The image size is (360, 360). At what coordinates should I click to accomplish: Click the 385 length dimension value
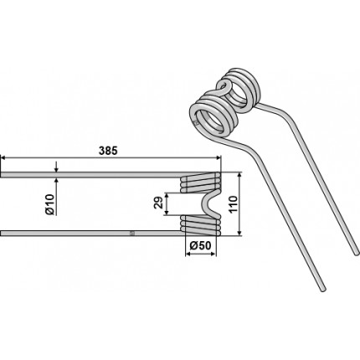pos(108,151)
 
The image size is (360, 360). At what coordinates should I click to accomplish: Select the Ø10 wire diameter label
pos(50,204)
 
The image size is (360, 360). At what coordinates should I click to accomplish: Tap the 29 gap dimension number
pos(157,203)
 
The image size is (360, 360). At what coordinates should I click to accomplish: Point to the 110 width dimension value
pos(233,204)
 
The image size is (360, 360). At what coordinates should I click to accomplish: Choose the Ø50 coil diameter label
pos(200,246)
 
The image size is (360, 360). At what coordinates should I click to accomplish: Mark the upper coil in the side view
pos(201,183)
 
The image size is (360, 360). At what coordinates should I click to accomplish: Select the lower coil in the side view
pos(201,224)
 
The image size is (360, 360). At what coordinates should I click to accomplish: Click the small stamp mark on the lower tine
pos(132,233)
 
